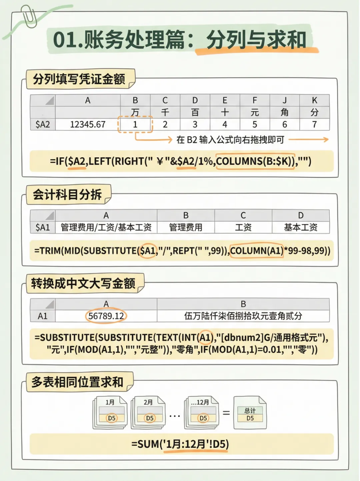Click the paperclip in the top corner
(x=29, y=16)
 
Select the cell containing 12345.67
(x=88, y=124)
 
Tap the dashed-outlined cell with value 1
(x=135, y=124)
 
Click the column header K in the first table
(x=314, y=100)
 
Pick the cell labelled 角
(x=284, y=112)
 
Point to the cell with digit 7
(x=314, y=124)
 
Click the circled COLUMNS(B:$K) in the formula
(x=255, y=161)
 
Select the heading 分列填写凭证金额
(x=79, y=79)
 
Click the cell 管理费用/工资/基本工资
(x=106, y=227)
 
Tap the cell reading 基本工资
(x=301, y=227)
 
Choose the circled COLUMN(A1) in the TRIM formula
(x=256, y=251)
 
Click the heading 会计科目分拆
(x=67, y=194)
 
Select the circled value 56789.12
(x=106, y=316)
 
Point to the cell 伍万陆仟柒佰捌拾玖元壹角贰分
(x=243, y=316)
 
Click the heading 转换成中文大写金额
(x=83, y=283)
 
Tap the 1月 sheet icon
(x=110, y=412)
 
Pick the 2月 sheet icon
(x=149, y=412)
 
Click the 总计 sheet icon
(x=250, y=413)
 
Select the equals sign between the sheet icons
(x=226, y=413)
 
